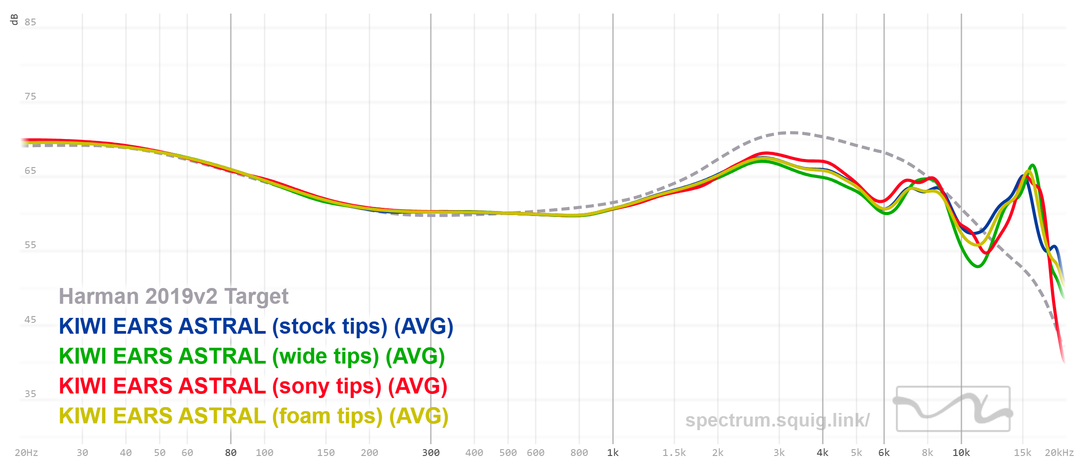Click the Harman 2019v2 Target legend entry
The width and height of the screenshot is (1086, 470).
[173, 297]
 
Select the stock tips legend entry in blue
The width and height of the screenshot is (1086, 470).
[256, 326]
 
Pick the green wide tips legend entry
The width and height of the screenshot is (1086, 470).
[252, 356]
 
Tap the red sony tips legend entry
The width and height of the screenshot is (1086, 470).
[253, 386]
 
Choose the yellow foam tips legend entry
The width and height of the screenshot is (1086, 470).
[253, 416]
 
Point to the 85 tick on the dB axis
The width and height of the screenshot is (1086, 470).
[30, 22]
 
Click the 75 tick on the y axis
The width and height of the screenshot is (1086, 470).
[30, 96]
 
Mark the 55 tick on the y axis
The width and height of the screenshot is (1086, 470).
[30, 245]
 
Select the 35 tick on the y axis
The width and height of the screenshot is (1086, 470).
[30, 394]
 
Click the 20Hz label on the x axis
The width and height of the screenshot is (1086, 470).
[26, 453]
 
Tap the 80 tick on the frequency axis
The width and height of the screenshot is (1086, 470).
[231, 453]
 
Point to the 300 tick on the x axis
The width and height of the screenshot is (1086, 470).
[431, 453]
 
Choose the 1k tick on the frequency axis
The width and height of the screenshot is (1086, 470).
[613, 453]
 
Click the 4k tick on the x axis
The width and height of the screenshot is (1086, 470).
[822, 453]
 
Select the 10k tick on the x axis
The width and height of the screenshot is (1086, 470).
[961, 453]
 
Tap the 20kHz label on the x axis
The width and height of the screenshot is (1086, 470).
[1059, 453]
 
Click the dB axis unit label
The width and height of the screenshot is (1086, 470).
[14, 19]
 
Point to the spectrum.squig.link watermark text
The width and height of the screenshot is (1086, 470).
[777, 420]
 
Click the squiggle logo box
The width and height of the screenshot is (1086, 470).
[953, 409]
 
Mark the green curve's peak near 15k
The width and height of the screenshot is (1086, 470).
[1032, 165]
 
